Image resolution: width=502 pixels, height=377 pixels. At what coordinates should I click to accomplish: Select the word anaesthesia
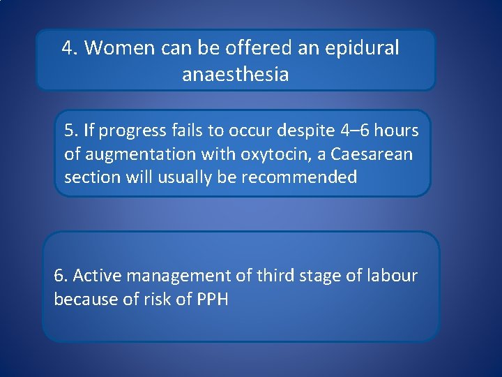(x=235, y=74)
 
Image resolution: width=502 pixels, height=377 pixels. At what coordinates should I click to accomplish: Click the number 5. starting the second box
(x=71, y=130)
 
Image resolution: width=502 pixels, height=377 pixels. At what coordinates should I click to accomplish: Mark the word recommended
(x=299, y=177)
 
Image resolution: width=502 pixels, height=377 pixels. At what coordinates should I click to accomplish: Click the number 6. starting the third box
(x=61, y=276)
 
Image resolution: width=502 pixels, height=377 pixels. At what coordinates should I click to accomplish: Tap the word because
(x=81, y=300)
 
